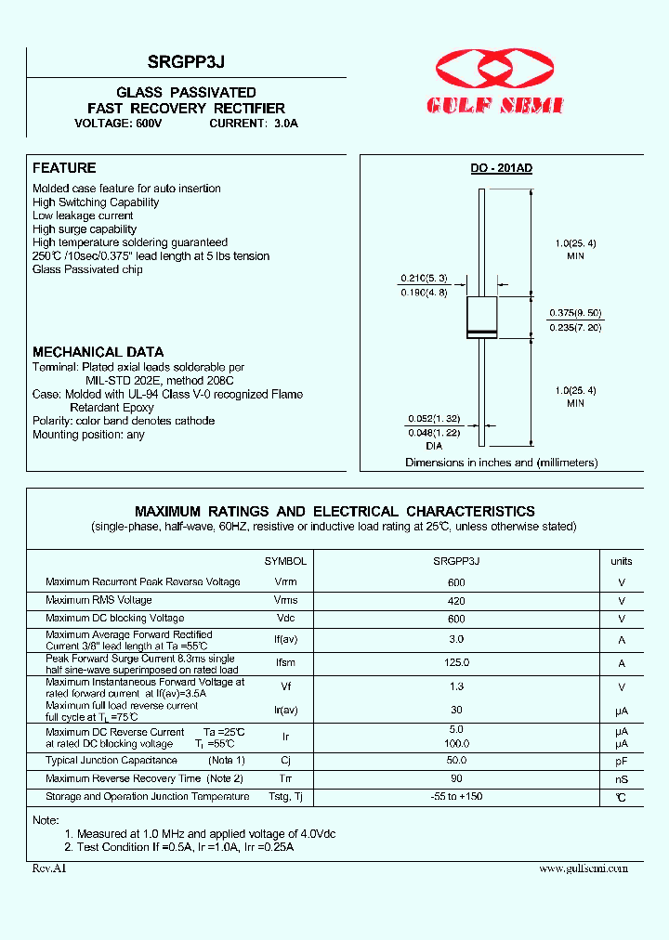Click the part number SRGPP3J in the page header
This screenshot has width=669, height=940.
click(x=186, y=61)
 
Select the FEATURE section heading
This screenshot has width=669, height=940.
click(x=64, y=168)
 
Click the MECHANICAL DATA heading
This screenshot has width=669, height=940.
click(x=98, y=352)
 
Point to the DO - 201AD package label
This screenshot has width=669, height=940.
click(x=501, y=168)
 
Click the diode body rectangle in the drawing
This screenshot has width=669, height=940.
click(x=481, y=317)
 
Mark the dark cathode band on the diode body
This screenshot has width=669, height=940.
click(x=481, y=332)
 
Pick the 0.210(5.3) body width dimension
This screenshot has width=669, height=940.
click(x=424, y=278)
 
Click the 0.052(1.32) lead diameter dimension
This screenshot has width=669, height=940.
click(x=434, y=420)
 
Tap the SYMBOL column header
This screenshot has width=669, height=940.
click(x=285, y=561)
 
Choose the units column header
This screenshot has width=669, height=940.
click(x=621, y=561)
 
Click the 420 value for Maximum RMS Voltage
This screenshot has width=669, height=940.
click(x=455, y=601)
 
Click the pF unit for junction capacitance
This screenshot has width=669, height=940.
click(x=622, y=761)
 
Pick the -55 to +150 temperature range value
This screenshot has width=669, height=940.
click(x=457, y=797)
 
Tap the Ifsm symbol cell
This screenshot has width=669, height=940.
click(x=285, y=663)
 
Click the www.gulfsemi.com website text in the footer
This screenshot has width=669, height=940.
click(x=583, y=868)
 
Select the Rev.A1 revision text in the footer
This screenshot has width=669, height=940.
click(x=49, y=868)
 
